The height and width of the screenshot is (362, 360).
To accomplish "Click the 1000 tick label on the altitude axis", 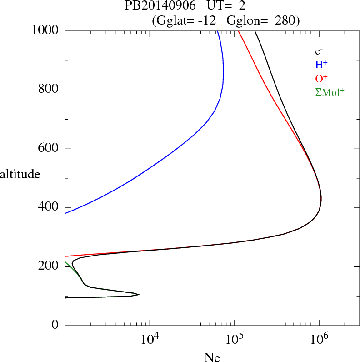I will pyautogui.click(x=46, y=30).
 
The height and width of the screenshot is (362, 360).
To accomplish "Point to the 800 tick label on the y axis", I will pyautogui.click(x=49, y=89).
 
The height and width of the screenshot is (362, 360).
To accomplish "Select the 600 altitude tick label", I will pyautogui.click(x=49, y=148).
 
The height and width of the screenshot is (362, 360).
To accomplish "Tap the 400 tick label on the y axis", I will pyautogui.click(x=49, y=207).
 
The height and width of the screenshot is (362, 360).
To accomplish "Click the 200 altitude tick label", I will pyautogui.click(x=49, y=266).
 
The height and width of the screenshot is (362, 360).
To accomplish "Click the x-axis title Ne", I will pyautogui.click(x=212, y=357).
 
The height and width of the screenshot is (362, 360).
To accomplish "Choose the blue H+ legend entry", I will pyautogui.click(x=321, y=65).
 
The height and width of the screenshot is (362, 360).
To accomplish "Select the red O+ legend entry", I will pyautogui.click(x=321, y=78).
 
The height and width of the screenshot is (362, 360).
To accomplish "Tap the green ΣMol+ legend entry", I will pyautogui.click(x=330, y=92).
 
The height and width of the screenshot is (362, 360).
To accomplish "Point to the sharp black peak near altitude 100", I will pyautogui.click(x=139, y=295).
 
